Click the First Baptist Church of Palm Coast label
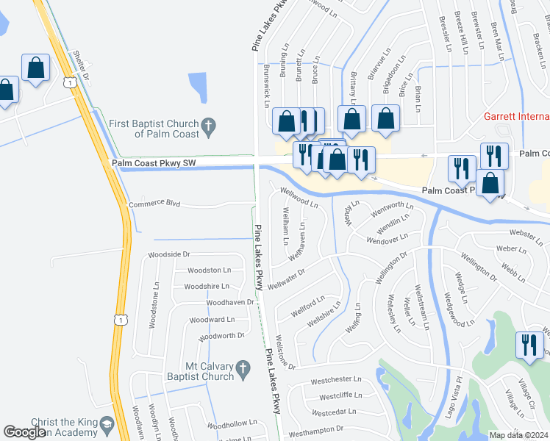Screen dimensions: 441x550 click(154, 129)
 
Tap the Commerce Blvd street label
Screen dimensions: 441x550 click(154, 204)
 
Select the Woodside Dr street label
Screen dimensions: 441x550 click(169, 254)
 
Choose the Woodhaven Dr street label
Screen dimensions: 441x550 click(230, 302)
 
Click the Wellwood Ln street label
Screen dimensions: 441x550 click(299, 198)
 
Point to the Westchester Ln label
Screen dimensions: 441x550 click(336, 380)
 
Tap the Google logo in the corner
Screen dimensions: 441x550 click(25, 432)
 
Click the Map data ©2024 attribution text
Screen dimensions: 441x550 click(518, 435)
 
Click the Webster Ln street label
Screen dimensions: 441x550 click(525, 237)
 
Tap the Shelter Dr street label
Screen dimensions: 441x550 click(81, 66)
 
